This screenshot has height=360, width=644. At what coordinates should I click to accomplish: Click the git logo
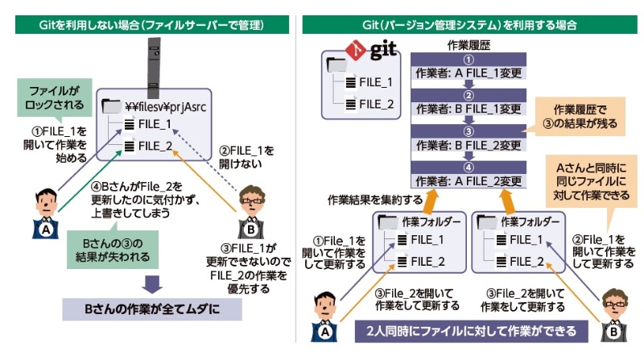pyautogui.click(x=371, y=51)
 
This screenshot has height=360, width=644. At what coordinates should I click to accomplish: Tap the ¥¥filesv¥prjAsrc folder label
pyautogui.click(x=167, y=105)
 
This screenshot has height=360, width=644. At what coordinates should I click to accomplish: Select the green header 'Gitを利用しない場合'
pyautogui.click(x=151, y=24)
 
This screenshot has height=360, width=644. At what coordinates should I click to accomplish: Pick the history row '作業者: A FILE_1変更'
pyautogui.click(x=468, y=73)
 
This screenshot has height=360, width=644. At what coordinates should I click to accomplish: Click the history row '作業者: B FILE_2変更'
pyautogui.click(x=468, y=145)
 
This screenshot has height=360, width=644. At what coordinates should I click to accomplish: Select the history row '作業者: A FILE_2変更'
pyautogui.click(x=468, y=180)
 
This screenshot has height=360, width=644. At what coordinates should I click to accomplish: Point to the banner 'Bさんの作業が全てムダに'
pyautogui.click(x=152, y=309)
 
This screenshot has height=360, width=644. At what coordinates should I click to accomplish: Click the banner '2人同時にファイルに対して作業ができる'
pyautogui.click(x=470, y=331)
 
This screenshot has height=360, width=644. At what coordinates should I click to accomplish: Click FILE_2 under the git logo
pyautogui.click(x=375, y=103)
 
